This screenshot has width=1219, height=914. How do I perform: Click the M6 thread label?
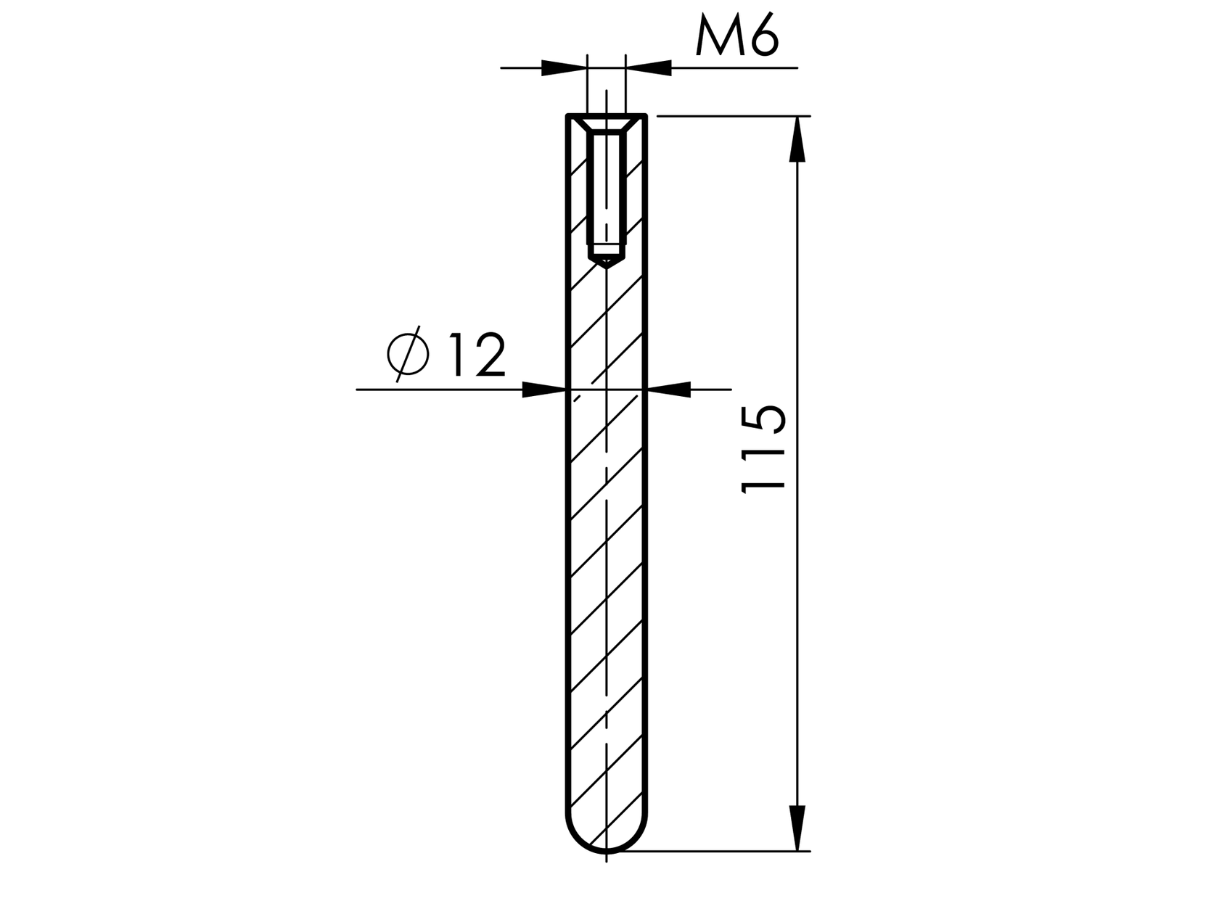point(736,38)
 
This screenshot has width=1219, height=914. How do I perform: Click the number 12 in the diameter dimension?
point(477,355)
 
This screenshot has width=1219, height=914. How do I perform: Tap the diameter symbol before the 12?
point(409,355)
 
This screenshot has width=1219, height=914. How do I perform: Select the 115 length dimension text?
point(764,450)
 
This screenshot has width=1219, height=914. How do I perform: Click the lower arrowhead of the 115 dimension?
point(797,827)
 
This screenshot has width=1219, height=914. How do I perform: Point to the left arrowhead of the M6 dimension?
point(564,68)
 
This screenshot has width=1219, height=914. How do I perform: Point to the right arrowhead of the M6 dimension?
point(648,68)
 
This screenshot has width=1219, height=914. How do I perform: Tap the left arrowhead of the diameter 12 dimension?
point(543,390)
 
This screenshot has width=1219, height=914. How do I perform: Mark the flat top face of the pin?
point(606,115)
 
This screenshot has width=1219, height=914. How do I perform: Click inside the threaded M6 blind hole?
point(606,189)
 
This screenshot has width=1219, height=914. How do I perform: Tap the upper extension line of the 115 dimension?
point(733,115)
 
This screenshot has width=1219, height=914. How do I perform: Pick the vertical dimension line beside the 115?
point(797,580)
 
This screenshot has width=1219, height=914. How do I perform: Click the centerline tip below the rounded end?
point(606,859)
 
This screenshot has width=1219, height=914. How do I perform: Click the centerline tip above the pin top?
point(606,94)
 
